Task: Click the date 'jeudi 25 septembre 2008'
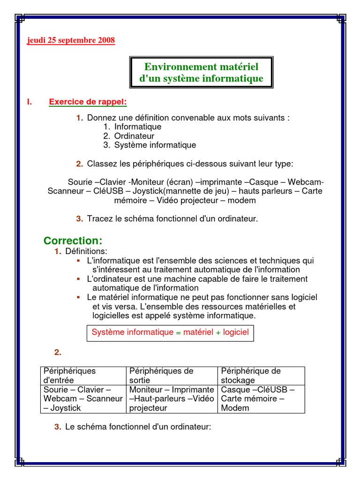(x=71, y=40)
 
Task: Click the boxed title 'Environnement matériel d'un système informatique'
(x=201, y=73)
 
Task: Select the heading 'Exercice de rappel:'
(x=88, y=102)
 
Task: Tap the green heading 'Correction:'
(x=73, y=241)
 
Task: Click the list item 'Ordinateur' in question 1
(x=134, y=136)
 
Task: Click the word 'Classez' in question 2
(x=101, y=164)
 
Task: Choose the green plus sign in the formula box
(x=218, y=333)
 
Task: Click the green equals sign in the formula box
(x=178, y=333)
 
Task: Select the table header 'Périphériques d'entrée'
(x=69, y=375)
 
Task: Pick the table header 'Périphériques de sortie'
(x=161, y=375)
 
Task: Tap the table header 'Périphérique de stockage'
(x=251, y=375)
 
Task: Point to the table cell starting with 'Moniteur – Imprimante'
(x=172, y=399)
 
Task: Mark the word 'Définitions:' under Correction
(x=86, y=252)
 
